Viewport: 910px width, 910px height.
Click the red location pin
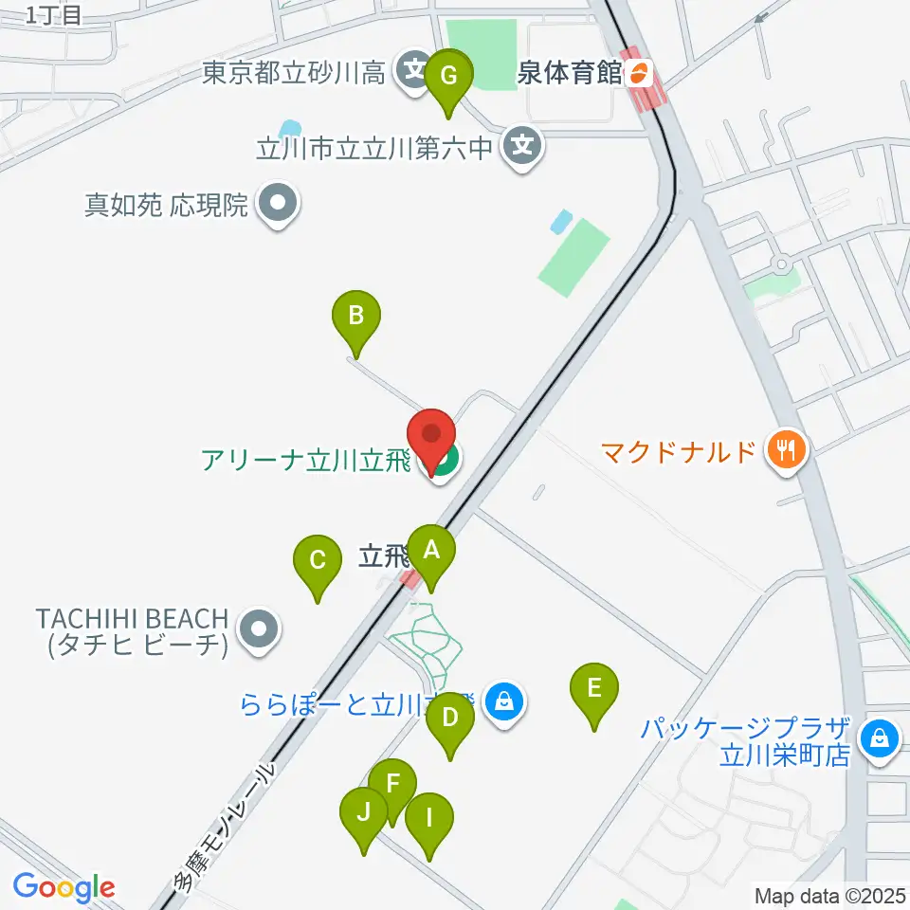coord(432,438)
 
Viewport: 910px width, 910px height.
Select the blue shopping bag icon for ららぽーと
coord(504,702)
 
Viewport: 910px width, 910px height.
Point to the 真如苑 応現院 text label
coord(166,205)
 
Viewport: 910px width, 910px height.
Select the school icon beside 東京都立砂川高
coord(414,72)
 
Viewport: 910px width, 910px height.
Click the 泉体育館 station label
coord(573,73)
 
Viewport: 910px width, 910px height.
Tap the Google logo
coord(64,887)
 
